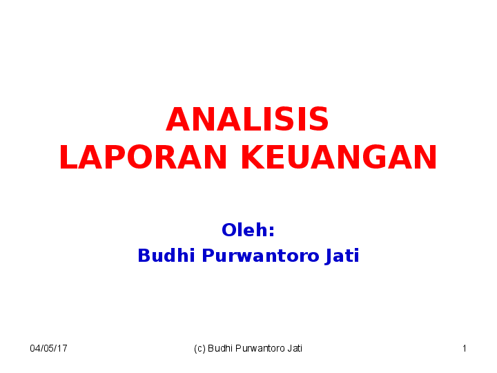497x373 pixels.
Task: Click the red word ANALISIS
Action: (x=247, y=120)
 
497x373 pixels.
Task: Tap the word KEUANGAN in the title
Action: (x=338, y=158)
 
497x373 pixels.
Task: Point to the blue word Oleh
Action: (x=245, y=230)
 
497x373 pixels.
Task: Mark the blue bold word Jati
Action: (x=342, y=256)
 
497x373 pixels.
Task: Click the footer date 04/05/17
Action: (x=48, y=349)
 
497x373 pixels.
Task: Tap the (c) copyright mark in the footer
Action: (x=199, y=349)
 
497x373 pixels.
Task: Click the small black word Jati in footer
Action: (x=295, y=349)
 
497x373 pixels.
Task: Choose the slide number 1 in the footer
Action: (x=465, y=349)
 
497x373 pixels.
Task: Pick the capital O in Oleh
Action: (x=228, y=230)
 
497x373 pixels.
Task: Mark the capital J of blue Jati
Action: (x=328, y=256)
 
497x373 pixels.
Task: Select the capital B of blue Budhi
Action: (x=144, y=256)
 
